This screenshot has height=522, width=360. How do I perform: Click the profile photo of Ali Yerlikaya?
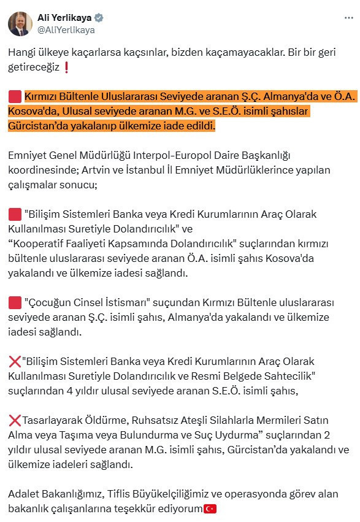click(20, 23)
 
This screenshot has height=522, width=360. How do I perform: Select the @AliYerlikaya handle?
click(67, 29)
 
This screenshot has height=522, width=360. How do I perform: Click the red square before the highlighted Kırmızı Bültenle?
click(15, 97)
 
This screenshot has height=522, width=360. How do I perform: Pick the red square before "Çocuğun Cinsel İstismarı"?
click(15, 303)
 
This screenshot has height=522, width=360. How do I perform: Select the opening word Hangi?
click(21, 53)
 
